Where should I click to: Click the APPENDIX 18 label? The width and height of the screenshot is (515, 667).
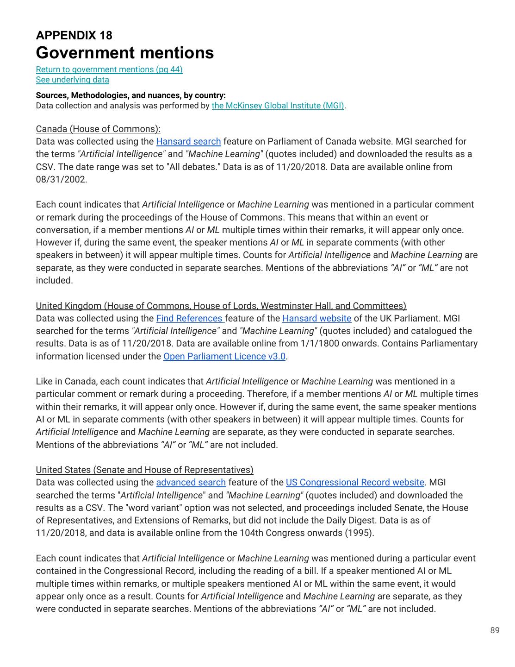74,35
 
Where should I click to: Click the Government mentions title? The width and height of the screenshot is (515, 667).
125,53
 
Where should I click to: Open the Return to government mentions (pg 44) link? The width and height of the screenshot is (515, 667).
109,69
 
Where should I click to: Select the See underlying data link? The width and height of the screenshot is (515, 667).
73,80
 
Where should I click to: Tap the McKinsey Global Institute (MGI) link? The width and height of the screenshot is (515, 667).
278,106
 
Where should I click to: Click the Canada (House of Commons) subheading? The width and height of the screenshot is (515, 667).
98,129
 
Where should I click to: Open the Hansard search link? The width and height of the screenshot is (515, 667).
188,141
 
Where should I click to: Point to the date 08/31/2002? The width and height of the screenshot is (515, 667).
61,179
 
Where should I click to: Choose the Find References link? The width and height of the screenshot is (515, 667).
190,318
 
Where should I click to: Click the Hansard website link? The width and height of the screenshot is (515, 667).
316,318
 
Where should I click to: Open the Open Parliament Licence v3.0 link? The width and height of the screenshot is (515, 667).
224,356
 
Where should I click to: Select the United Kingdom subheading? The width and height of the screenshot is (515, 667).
221,306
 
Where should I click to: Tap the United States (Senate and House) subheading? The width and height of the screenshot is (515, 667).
144,470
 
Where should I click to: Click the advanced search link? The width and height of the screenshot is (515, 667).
191,482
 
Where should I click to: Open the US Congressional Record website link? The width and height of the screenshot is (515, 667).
355,482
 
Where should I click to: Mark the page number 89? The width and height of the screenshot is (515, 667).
495,630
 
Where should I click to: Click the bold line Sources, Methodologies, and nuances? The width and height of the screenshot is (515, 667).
131,95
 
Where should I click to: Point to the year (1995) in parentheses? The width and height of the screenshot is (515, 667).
359,533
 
